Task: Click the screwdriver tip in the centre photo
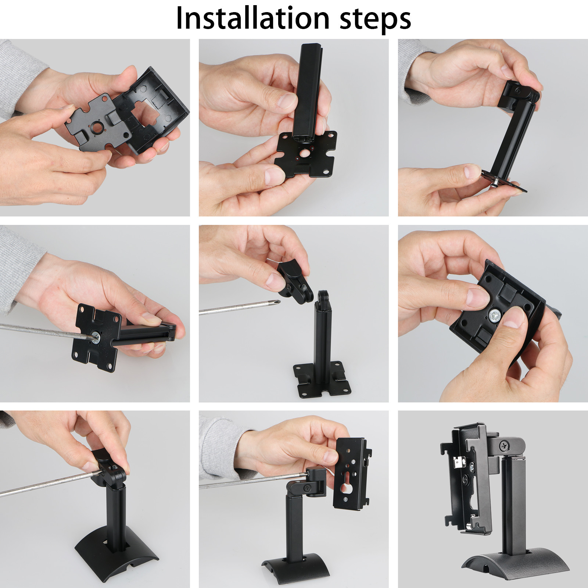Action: (278, 303)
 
